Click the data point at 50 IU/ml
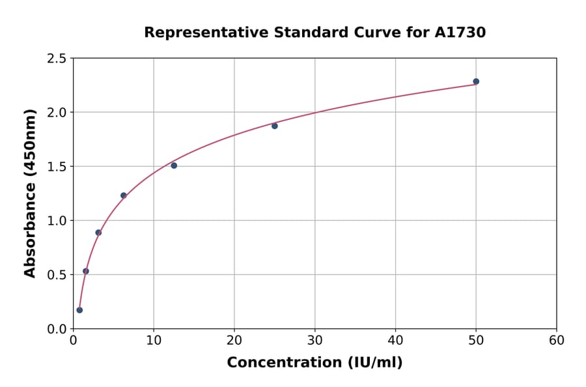pyautogui.click(x=476, y=81)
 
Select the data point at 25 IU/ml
pyautogui.click(x=275, y=126)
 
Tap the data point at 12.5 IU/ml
pyautogui.click(x=174, y=165)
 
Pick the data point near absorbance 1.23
pyautogui.click(x=123, y=195)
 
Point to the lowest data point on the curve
pyautogui.click(x=79, y=310)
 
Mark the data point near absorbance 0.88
pyautogui.click(x=98, y=233)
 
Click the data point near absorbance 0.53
pyautogui.click(x=86, y=271)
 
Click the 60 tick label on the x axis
pyautogui.click(x=557, y=340)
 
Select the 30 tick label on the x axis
pyautogui.click(x=315, y=340)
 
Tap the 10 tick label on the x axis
pyautogui.click(x=154, y=340)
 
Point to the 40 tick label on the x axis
pyautogui.click(x=395, y=340)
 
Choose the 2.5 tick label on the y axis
pyautogui.click(x=57, y=59)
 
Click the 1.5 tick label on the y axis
pyautogui.click(x=57, y=167)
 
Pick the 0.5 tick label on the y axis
pyautogui.click(x=57, y=275)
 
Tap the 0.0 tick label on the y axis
pyautogui.click(x=57, y=329)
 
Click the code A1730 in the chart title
pyautogui.click(x=460, y=33)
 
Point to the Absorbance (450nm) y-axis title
pyautogui.click(x=30, y=193)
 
